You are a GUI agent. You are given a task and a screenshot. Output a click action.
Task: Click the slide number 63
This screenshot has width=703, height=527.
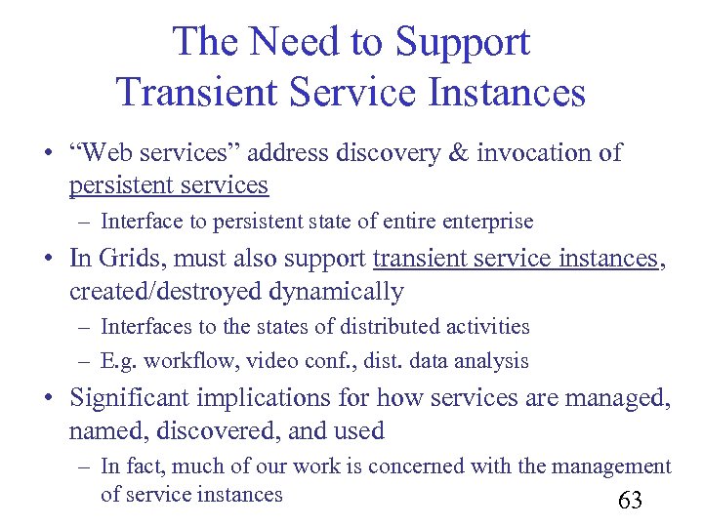pyautogui.click(x=630, y=502)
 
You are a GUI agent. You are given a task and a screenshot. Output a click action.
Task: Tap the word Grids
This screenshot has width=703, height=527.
pyautogui.click(x=127, y=259)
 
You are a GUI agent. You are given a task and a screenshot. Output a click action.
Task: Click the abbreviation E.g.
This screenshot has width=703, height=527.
pyautogui.click(x=118, y=361)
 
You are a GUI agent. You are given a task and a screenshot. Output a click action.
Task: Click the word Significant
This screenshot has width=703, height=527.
pyautogui.click(x=131, y=398)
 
